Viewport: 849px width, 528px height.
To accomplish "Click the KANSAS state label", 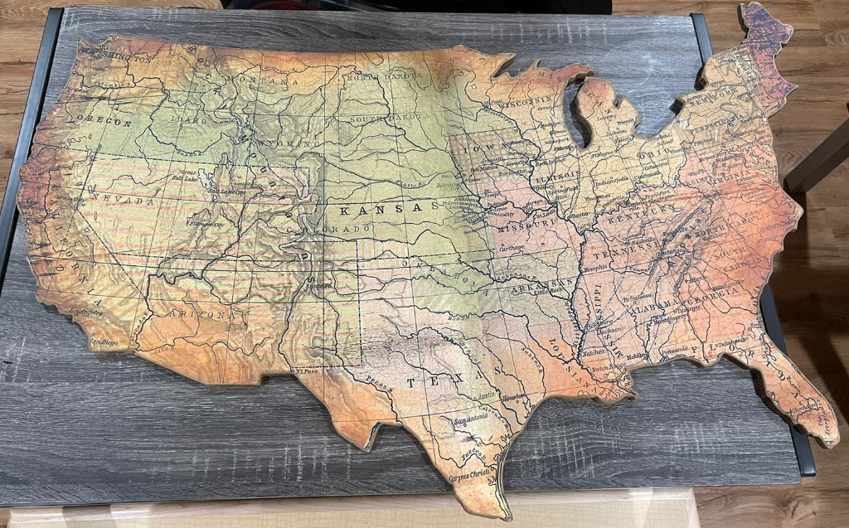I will coord(389,209).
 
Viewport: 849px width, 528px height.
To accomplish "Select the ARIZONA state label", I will coord(199,314).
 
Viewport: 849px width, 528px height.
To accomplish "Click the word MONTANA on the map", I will coord(274,81).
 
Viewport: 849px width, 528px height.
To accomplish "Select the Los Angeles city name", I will coord(85,312).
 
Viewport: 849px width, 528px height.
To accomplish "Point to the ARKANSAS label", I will coord(538,286).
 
